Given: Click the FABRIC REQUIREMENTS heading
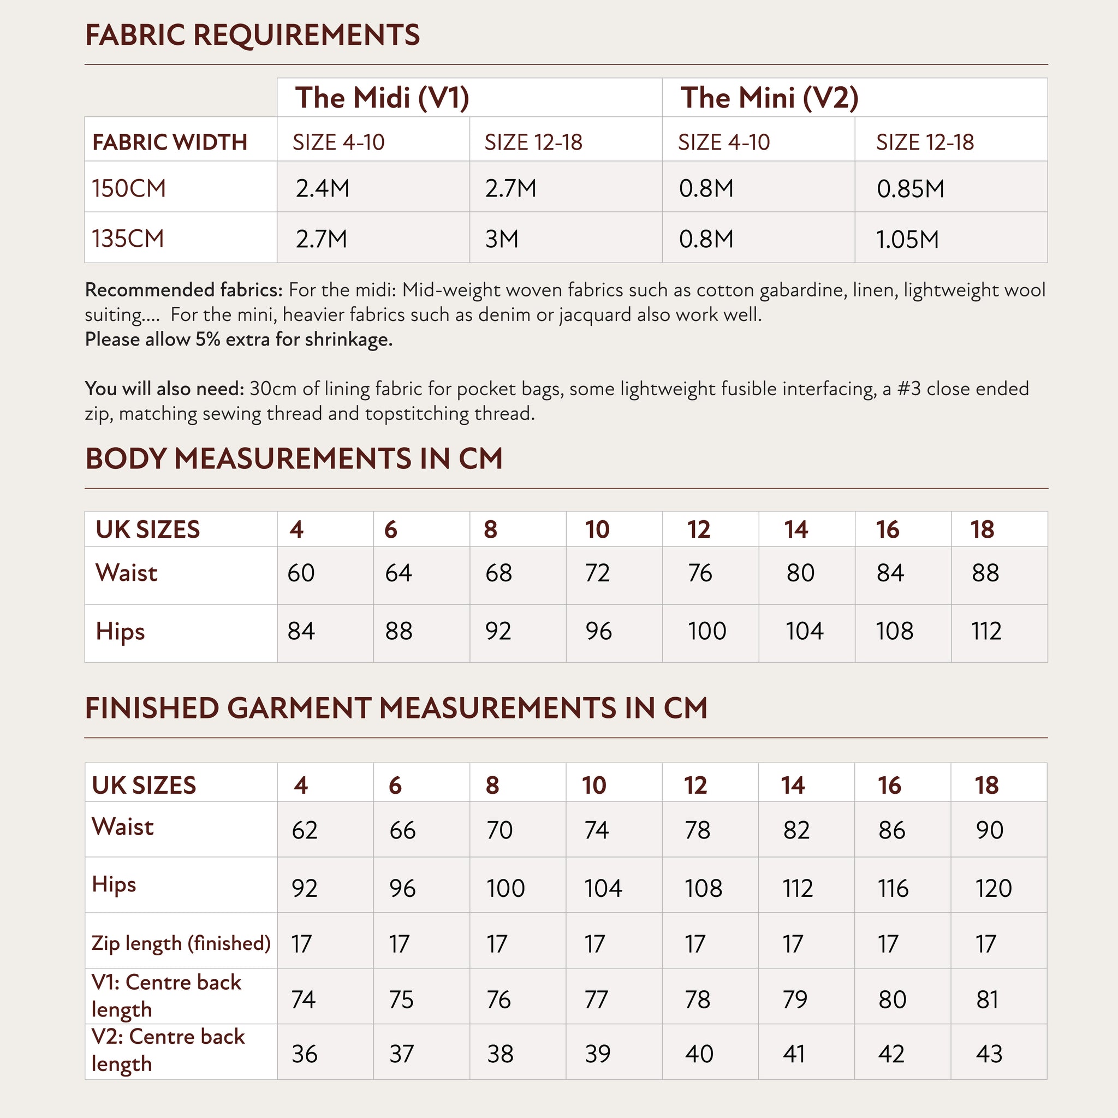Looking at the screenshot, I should click(x=252, y=35).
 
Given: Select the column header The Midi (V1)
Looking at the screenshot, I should click(x=382, y=97).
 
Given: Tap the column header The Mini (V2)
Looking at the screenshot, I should click(x=769, y=97).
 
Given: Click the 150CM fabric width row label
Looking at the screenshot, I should click(x=128, y=189).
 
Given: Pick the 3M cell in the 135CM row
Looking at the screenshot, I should click(x=502, y=239).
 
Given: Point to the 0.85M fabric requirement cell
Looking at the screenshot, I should click(x=910, y=189).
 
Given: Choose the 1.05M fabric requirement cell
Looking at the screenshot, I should click(x=907, y=239).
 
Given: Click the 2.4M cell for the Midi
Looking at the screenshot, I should click(x=322, y=189).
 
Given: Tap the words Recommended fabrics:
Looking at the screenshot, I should click(x=183, y=289).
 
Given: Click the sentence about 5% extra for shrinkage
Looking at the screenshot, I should click(x=239, y=339).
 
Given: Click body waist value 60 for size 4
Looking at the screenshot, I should click(x=301, y=573).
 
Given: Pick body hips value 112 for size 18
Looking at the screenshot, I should click(x=986, y=631).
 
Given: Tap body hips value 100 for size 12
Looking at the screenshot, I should click(x=706, y=631).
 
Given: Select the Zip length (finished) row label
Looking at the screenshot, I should click(x=181, y=943).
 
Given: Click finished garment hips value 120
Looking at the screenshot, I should click(x=994, y=888).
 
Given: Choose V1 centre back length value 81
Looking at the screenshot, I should click(x=987, y=1000).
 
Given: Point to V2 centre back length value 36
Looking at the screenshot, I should click(x=305, y=1054).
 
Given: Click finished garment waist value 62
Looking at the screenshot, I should click(x=305, y=830).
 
